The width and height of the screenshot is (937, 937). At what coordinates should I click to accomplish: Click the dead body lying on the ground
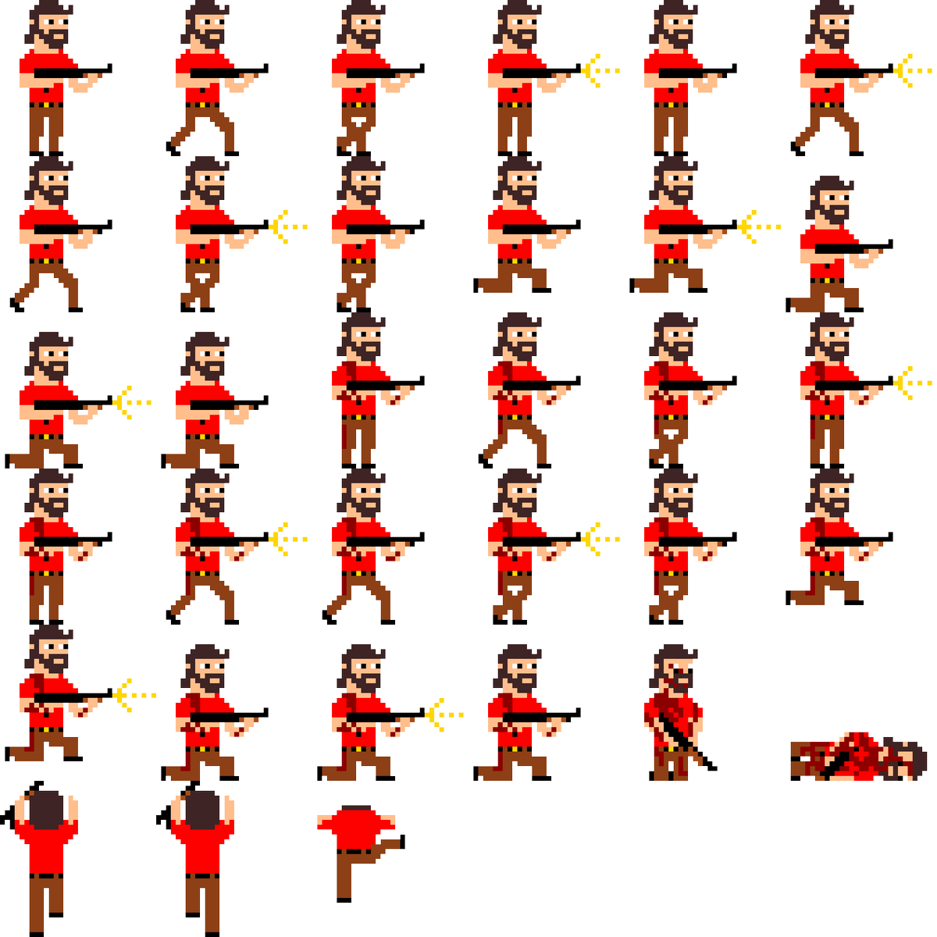pyautogui.click(x=855, y=756)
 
